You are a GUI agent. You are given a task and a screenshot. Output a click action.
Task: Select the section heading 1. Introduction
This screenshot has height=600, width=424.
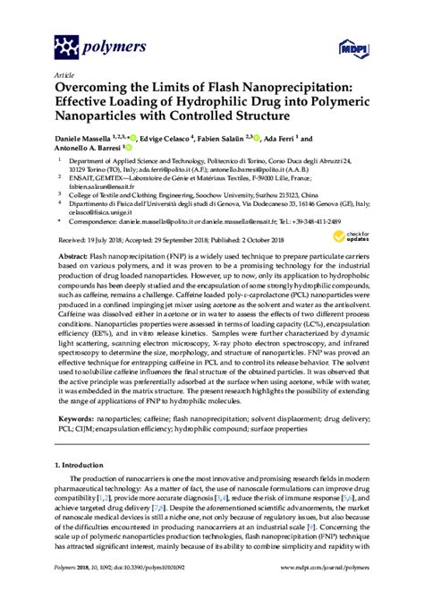click(x=86, y=466)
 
